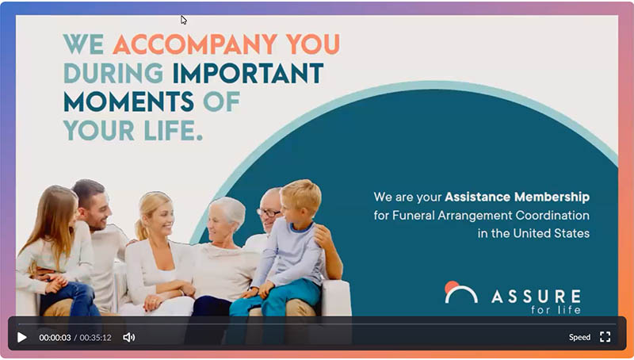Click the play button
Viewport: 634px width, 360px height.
(22, 337)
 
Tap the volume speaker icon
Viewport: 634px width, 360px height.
(129, 337)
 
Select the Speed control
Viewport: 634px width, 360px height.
(579, 337)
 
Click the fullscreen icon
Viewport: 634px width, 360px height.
(605, 337)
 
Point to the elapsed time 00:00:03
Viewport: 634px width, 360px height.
(55, 338)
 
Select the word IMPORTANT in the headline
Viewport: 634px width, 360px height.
(249, 73)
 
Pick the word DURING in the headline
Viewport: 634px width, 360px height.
(113, 73)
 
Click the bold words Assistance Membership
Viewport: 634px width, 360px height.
(517, 197)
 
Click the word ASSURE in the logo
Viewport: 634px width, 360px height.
(535, 296)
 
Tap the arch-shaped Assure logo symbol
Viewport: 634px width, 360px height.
(460, 293)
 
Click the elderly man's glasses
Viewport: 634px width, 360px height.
(269, 213)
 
